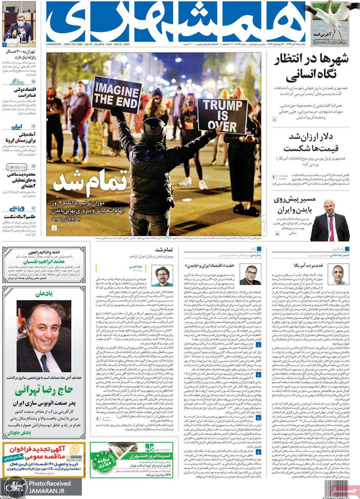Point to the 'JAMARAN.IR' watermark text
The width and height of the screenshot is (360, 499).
point(47,491)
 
